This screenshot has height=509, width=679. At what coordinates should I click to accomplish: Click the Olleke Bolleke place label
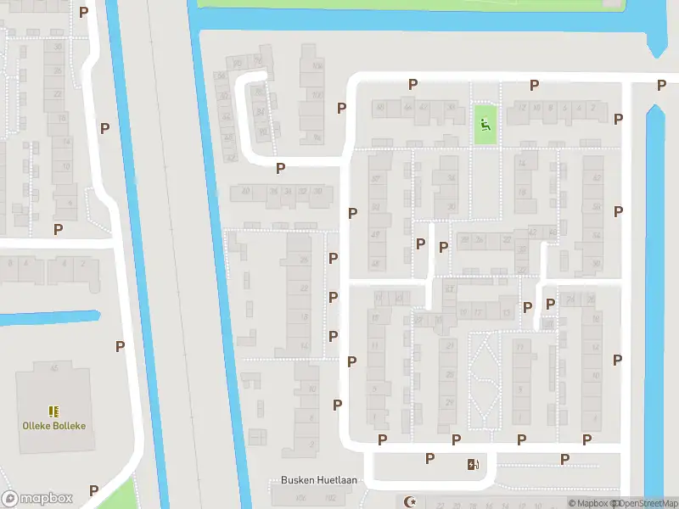[54, 426]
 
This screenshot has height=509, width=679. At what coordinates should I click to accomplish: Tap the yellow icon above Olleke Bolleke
[54, 411]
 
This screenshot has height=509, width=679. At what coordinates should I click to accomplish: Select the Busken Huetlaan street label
[319, 480]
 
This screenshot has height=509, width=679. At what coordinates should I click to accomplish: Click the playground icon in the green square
[485, 126]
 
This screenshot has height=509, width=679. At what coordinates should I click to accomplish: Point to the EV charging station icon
[473, 464]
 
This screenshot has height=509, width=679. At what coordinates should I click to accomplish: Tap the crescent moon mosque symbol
[412, 501]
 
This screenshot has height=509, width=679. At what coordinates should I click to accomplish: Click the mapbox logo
[37, 499]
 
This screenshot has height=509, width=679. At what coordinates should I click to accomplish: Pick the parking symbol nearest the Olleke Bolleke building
[120, 346]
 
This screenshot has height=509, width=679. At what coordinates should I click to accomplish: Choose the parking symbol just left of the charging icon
[430, 458]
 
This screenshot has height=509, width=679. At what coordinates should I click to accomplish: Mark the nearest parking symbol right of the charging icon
[564, 459]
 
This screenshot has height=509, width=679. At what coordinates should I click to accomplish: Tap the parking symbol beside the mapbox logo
[93, 489]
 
